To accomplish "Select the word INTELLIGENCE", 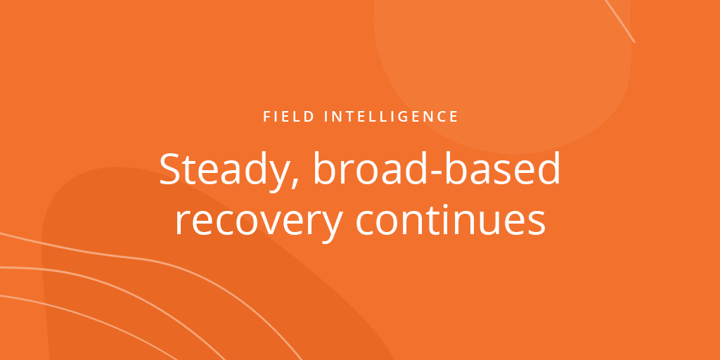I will point(392,117).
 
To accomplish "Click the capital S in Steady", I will point(170,170).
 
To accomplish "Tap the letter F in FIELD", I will point(267,117).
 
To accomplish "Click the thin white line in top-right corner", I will point(619,20).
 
